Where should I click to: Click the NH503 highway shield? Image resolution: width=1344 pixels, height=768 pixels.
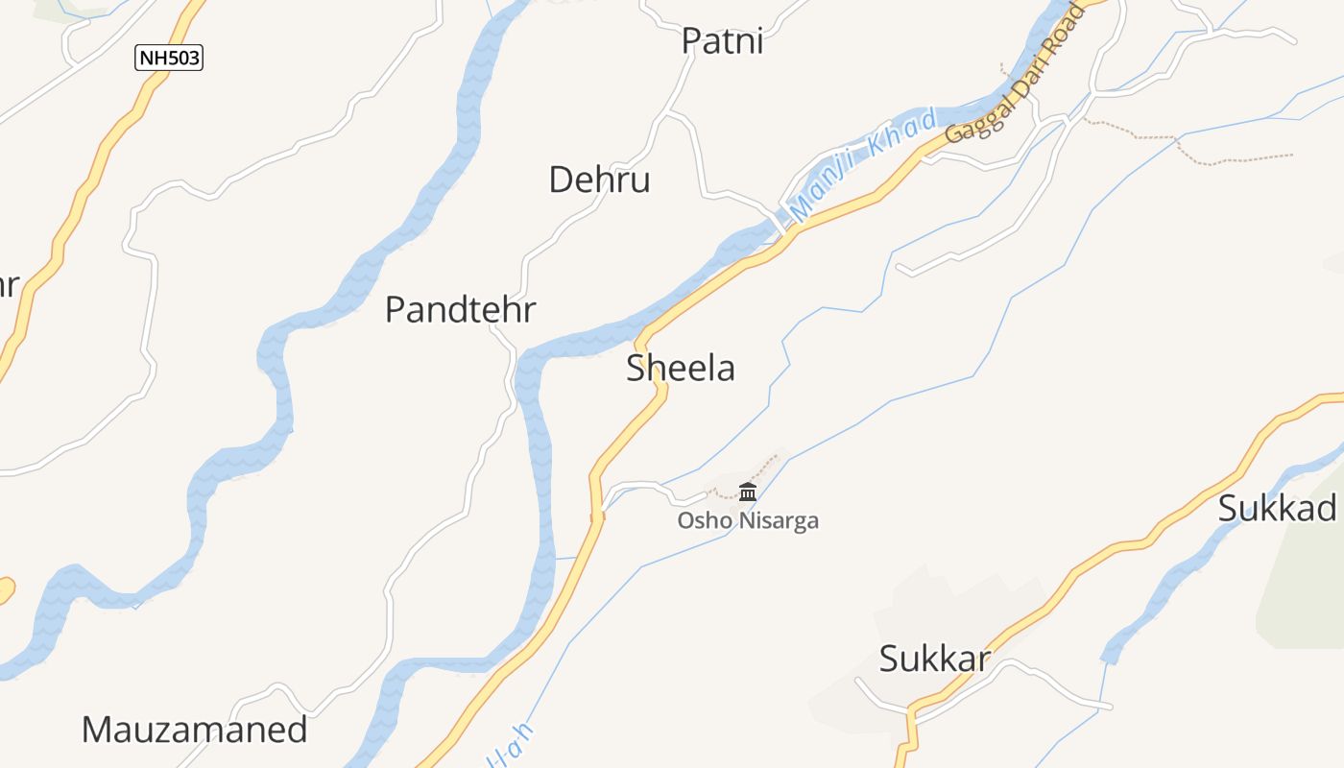point(169,58)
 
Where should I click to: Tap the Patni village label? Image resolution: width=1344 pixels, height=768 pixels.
point(722,41)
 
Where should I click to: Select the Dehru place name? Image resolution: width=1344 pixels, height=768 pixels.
point(599,180)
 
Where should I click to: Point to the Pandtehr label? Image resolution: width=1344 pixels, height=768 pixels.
point(460,310)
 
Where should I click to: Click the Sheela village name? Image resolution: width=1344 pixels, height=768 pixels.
point(681,369)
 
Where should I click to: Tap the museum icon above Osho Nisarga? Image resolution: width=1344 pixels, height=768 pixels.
point(748,492)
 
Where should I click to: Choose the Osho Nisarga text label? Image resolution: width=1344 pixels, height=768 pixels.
point(748,521)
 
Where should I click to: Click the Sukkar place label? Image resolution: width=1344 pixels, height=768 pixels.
point(934,659)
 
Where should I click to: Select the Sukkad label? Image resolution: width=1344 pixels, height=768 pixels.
point(1277,508)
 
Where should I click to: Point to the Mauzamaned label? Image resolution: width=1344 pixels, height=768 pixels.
point(194,730)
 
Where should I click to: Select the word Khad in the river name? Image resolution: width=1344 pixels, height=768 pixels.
point(901,134)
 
